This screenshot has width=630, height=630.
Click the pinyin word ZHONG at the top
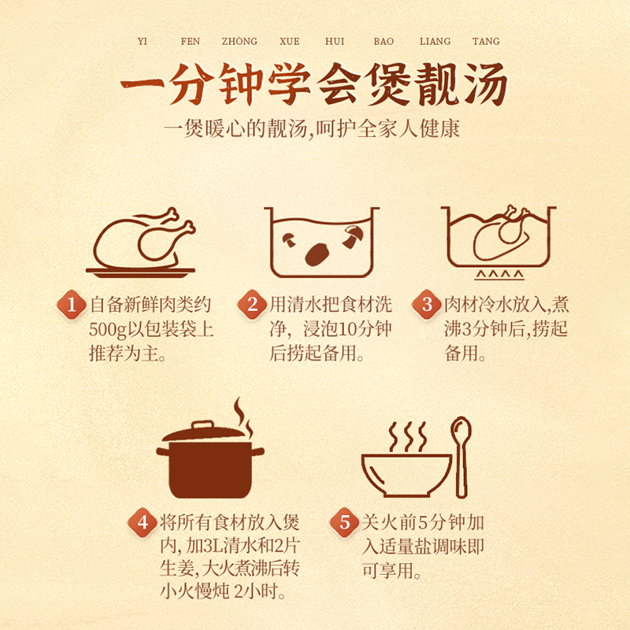tap(239, 41)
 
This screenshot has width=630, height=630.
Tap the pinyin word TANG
tap(486, 41)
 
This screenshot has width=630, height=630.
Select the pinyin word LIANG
tap(435, 41)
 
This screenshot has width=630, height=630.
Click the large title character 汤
tap(484, 84)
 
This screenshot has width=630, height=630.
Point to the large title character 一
tap(143, 83)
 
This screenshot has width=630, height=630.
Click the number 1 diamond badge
tap(72, 304)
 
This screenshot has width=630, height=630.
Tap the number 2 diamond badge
tap(252, 304)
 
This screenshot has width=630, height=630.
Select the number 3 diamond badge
tap(427, 304)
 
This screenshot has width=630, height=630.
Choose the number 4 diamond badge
tap(143, 522)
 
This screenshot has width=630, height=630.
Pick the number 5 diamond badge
tap(345, 522)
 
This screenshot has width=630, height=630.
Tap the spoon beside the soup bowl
tap(461, 458)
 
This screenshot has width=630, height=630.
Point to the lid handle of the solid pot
tap(202, 425)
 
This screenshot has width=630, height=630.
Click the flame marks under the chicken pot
tap(499, 275)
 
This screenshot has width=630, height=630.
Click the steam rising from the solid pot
tap(243, 418)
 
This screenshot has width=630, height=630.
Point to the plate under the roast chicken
tap(140, 272)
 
